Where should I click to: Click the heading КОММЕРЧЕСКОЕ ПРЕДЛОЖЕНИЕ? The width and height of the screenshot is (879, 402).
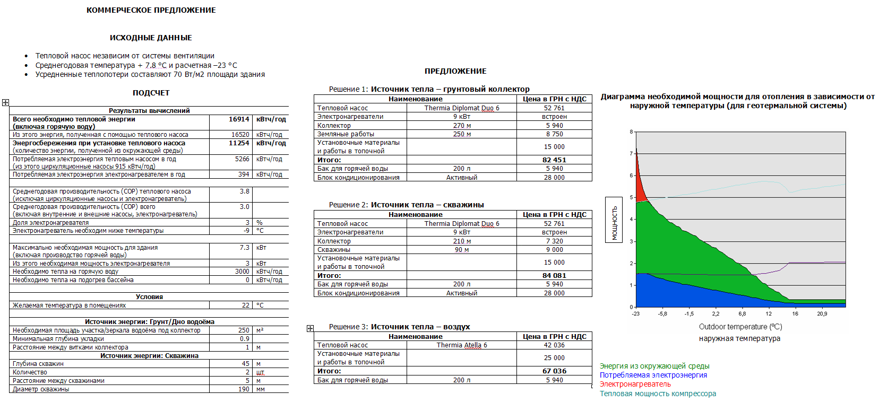(x=151, y=10)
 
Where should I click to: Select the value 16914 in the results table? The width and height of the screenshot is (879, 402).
(x=239, y=119)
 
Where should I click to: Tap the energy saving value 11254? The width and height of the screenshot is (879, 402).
(x=239, y=143)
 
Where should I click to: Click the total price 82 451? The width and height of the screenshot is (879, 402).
(x=554, y=160)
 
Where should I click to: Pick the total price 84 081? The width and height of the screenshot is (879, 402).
(x=554, y=276)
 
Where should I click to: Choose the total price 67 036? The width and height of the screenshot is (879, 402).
(x=554, y=371)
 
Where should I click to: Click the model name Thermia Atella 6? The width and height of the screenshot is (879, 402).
(x=462, y=345)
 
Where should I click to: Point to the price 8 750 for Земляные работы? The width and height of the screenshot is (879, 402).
(x=554, y=134)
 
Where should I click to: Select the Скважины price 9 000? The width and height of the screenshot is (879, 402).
(x=554, y=250)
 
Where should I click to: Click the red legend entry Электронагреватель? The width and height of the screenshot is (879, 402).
(x=635, y=384)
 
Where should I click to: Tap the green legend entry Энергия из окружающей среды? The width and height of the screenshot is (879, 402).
(x=654, y=366)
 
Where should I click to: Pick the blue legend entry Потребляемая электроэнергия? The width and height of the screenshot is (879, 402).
(x=653, y=375)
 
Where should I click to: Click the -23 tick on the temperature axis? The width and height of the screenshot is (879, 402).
(x=636, y=314)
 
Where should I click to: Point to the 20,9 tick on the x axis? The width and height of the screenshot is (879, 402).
(x=822, y=314)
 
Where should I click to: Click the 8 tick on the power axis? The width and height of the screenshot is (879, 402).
(x=631, y=132)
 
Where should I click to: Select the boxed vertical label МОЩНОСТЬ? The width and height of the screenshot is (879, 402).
(x=614, y=220)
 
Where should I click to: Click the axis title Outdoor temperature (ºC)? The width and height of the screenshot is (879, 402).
(x=740, y=327)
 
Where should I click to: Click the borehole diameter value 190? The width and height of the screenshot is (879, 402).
(x=244, y=389)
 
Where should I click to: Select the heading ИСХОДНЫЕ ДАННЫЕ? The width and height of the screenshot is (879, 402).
(x=151, y=38)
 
